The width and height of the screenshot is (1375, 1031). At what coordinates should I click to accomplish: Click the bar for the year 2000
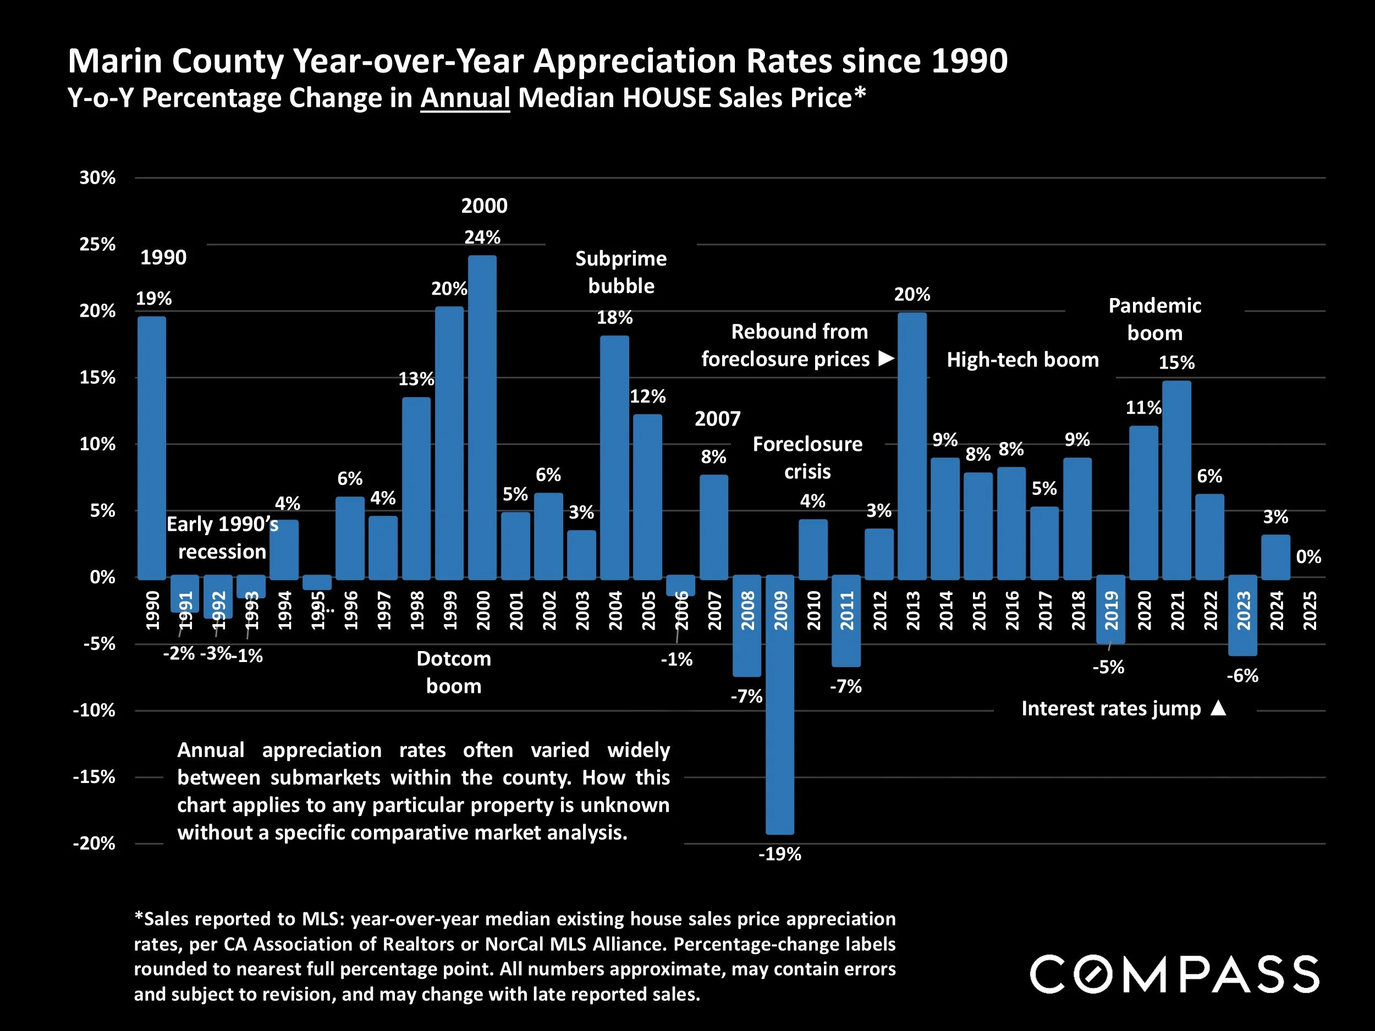[482, 416]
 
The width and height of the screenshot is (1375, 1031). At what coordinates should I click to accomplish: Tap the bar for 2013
[912, 445]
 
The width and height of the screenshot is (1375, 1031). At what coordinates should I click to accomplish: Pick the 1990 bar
[152, 448]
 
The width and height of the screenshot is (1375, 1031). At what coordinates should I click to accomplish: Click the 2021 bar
[1176, 479]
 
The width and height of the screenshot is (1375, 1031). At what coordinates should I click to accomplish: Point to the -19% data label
[779, 854]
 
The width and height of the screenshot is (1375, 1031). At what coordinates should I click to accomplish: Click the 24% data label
[482, 237]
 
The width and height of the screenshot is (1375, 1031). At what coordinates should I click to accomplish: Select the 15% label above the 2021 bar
[1176, 362]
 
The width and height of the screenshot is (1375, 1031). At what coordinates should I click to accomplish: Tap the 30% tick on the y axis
[97, 178]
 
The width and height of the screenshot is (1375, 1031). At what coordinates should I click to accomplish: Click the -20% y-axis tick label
[95, 843]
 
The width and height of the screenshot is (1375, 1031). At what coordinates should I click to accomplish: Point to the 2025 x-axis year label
[1309, 610]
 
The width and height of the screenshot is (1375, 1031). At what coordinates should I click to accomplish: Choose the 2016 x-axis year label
[1011, 610]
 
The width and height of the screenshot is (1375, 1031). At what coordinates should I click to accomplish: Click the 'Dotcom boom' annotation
[454, 672]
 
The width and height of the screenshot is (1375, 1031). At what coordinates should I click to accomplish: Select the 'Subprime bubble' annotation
[620, 272]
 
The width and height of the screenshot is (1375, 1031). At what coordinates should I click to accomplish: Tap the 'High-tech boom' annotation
[1022, 359]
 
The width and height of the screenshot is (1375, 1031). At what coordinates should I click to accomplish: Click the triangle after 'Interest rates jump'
[1218, 708]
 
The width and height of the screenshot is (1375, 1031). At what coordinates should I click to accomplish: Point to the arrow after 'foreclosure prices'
[886, 358]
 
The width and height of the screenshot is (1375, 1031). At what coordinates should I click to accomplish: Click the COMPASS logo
[1174, 974]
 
